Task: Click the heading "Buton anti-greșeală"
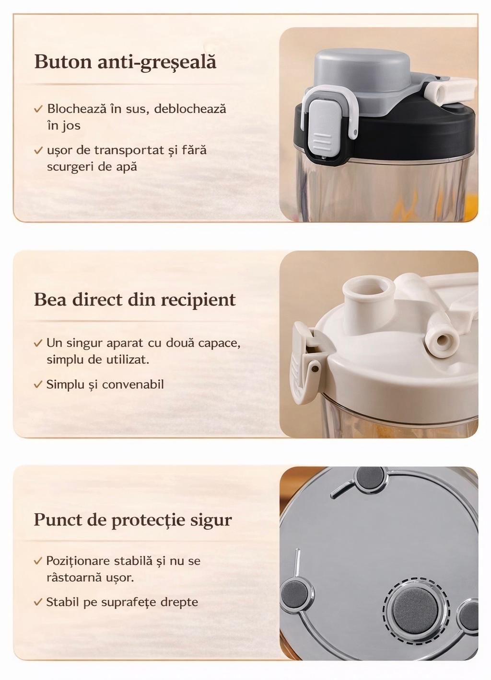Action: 125,63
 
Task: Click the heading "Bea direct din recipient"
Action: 135,300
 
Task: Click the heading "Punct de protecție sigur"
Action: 133,520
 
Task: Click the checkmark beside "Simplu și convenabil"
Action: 38,385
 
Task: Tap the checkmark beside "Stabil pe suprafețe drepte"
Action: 38,602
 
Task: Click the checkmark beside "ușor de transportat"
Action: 39,150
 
